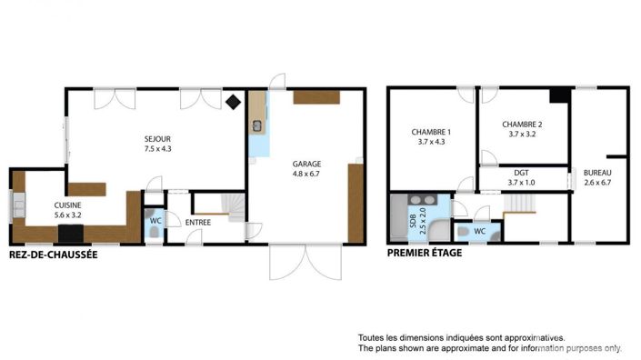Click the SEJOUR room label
coord(157,139)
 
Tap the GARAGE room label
coord(306,164)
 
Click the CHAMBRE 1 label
coord(431,132)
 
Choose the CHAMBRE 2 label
coord(522,125)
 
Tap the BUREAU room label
coord(597,173)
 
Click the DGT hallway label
coord(521,173)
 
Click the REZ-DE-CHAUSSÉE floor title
coord(52,255)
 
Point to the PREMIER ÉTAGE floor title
coord(425,253)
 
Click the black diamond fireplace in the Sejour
coord(234,102)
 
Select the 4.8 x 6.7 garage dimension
coord(306,173)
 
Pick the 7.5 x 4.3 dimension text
coord(157,148)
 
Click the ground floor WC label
coord(155,219)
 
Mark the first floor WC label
coord(479,232)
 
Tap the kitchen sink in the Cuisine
coord(17,210)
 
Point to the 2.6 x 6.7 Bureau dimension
coord(597,182)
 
